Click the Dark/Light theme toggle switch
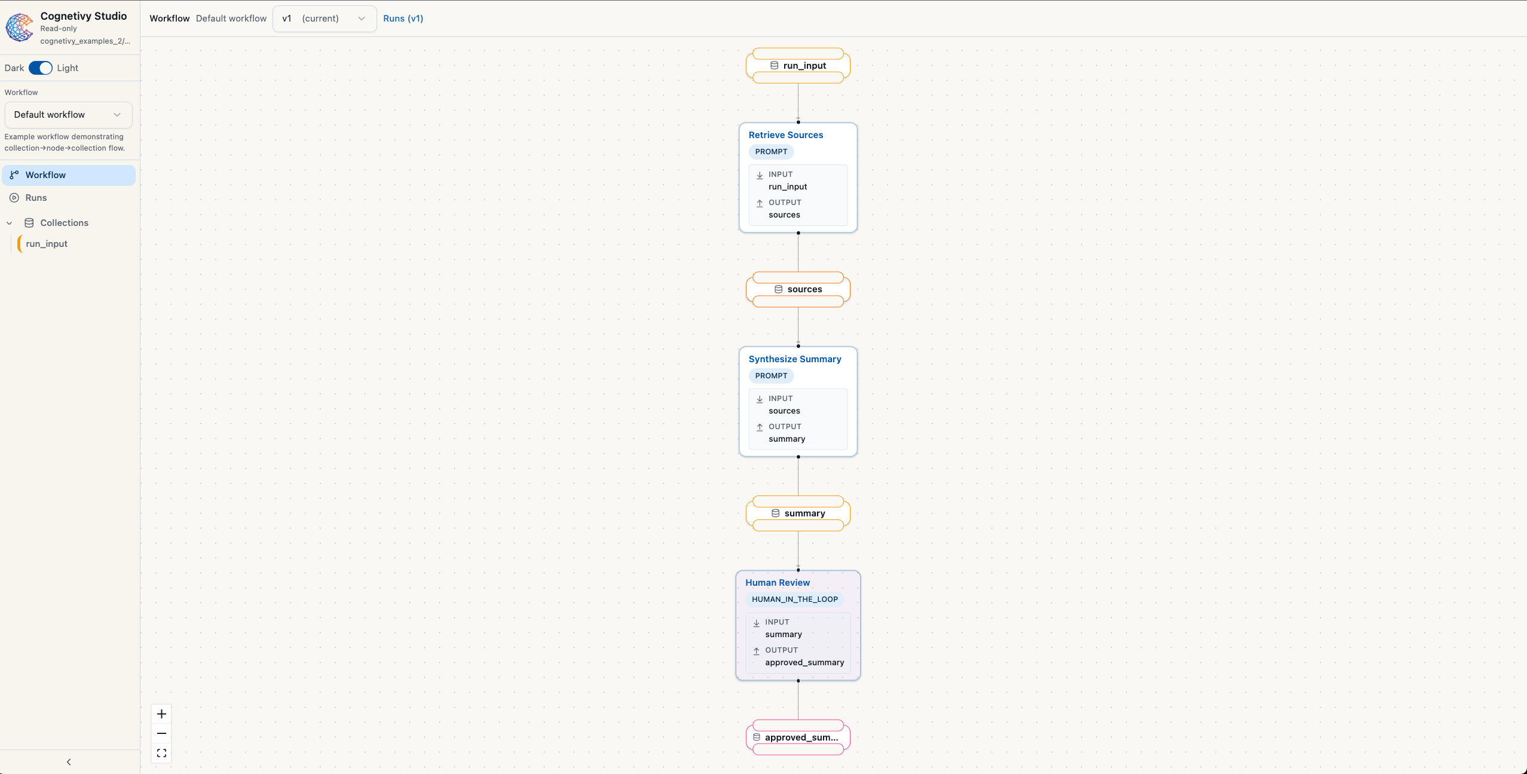point(41,68)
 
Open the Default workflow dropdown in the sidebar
point(68,115)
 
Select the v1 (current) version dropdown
point(324,19)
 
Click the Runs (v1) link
point(403,19)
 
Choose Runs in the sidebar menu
point(36,198)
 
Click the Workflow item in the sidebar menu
point(45,175)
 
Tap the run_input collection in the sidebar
point(47,244)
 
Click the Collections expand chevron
point(10,223)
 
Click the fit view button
point(161,753)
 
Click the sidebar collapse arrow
point(69,762)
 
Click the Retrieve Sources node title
point(785,135)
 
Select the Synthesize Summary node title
point(794,359)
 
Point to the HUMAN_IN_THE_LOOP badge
point(794,599)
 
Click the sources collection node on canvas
point(798,289)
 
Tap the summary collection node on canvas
point(798,513)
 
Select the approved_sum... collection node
point(798,738)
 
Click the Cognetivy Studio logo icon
point(20,27)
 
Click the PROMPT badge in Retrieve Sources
point(771,152)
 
